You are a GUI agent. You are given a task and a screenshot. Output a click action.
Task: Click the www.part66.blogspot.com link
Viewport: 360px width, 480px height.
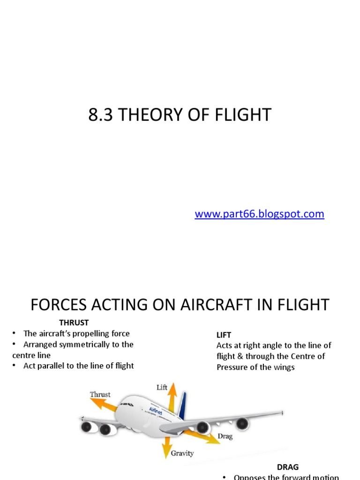[x=259, y=214]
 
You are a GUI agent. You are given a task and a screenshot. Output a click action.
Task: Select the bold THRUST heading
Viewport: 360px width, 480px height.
[x=74, y=322]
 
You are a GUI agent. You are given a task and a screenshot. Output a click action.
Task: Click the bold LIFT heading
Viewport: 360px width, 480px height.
[x=224, y=335]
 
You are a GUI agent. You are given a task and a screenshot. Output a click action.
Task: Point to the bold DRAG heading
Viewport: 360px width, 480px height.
[x=287, y=467]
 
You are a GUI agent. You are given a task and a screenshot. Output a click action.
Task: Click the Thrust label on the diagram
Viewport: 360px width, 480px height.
[x=100, y=395]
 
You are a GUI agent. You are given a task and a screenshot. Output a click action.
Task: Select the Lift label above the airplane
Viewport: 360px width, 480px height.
[x=162, y=387]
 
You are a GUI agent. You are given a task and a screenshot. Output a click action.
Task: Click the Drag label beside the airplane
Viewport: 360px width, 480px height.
[x=225, y=436]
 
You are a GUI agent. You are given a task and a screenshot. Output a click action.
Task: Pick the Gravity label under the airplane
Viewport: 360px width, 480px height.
[x=182, y=453]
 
